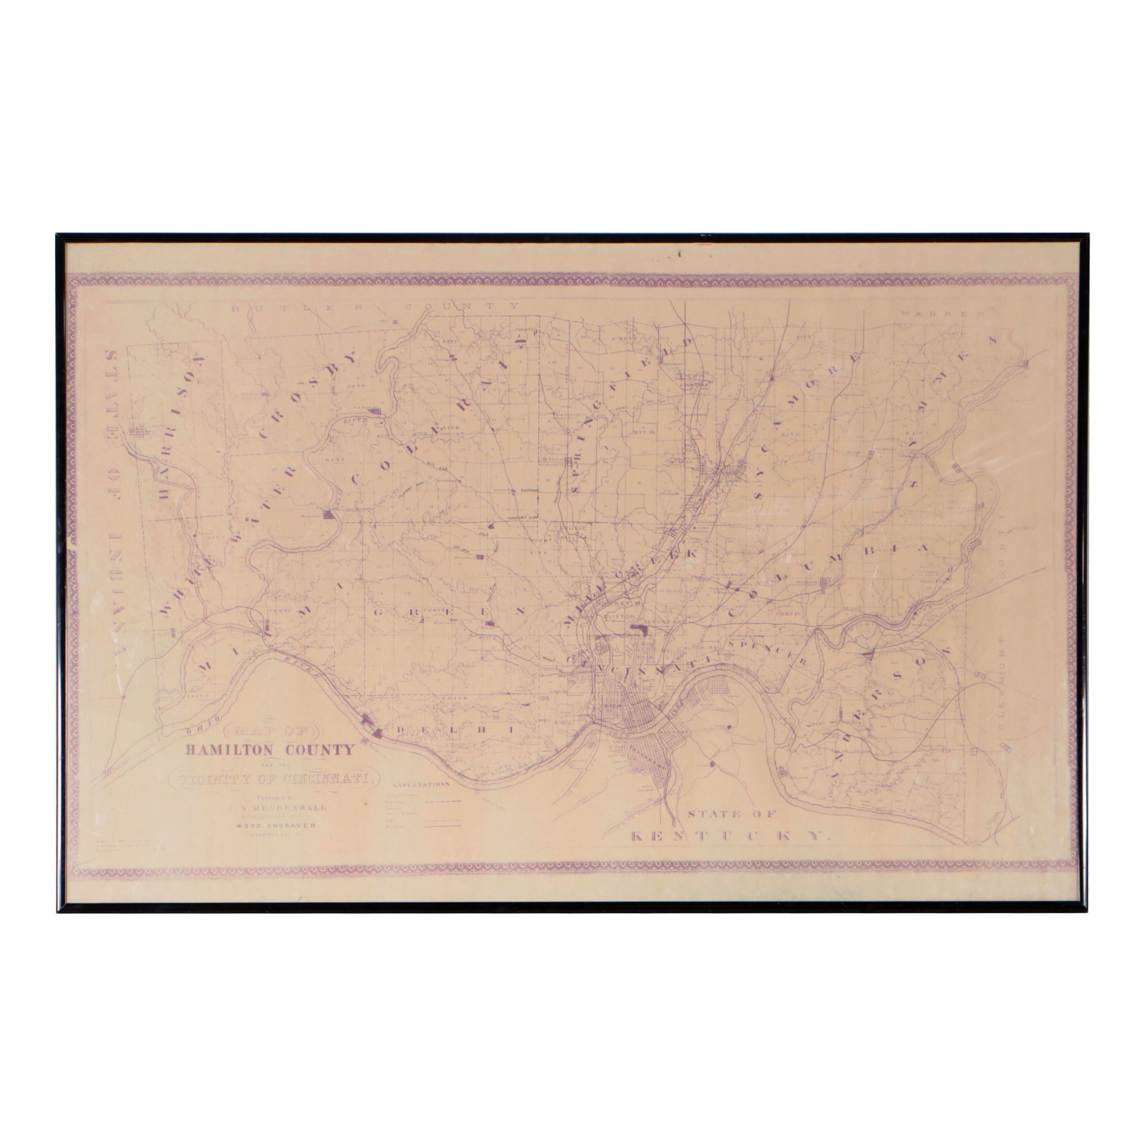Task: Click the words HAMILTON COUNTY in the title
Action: (x=271, y=750)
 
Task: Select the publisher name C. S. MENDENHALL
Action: (x=277, y=808)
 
